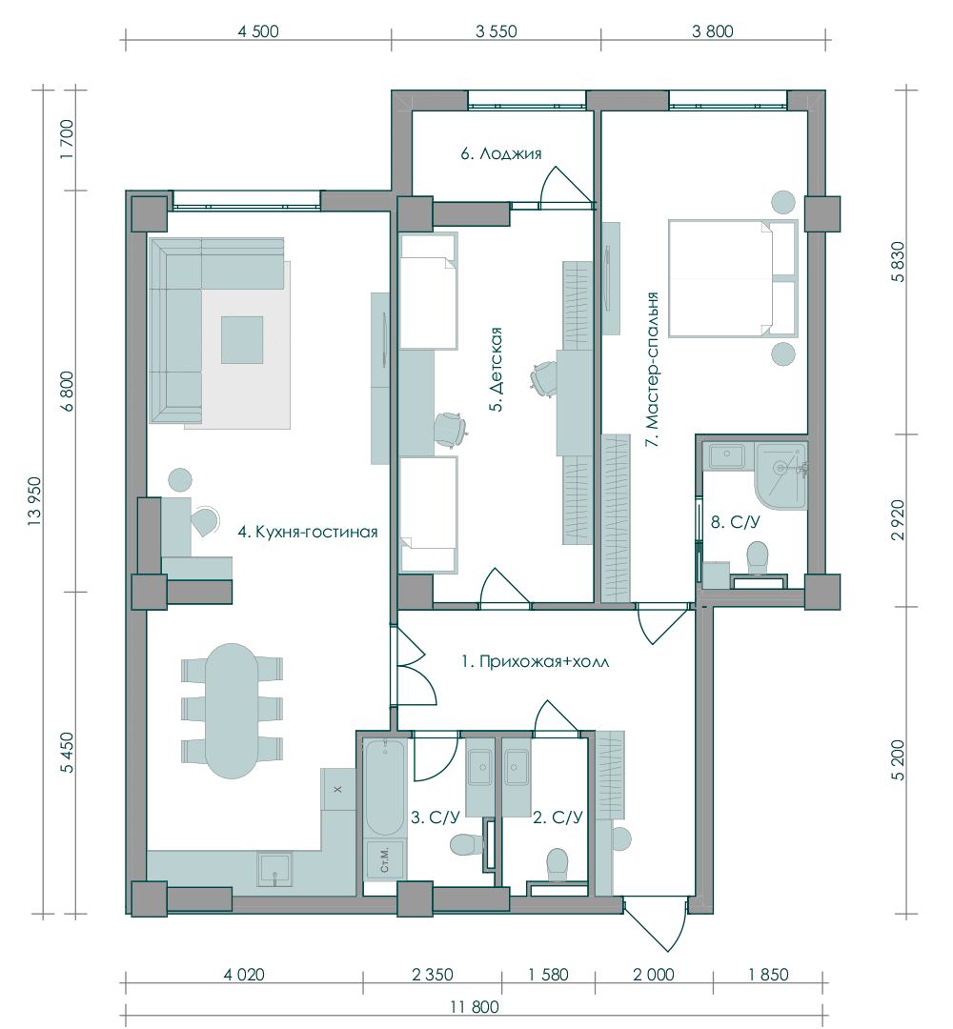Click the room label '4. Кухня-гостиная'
click(308, 532)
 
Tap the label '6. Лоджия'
click(500, 153)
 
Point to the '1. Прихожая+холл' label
click(535, 661)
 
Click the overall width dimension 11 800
click(475, 1007)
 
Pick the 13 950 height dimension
click(35, 501)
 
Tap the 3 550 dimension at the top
click(497, 31)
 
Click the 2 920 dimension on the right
click(898, 520)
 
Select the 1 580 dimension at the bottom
click(548, 976)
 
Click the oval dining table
click(231, 711)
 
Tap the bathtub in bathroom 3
click(385, 787)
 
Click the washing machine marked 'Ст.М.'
click(385, 859)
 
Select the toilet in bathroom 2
click(558, 864)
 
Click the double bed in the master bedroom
click(733, 278)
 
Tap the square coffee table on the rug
click(241, 339)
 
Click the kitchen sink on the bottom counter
click(274, 870)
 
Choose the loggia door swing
click(565, 186)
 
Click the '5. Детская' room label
click(497, 369)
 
